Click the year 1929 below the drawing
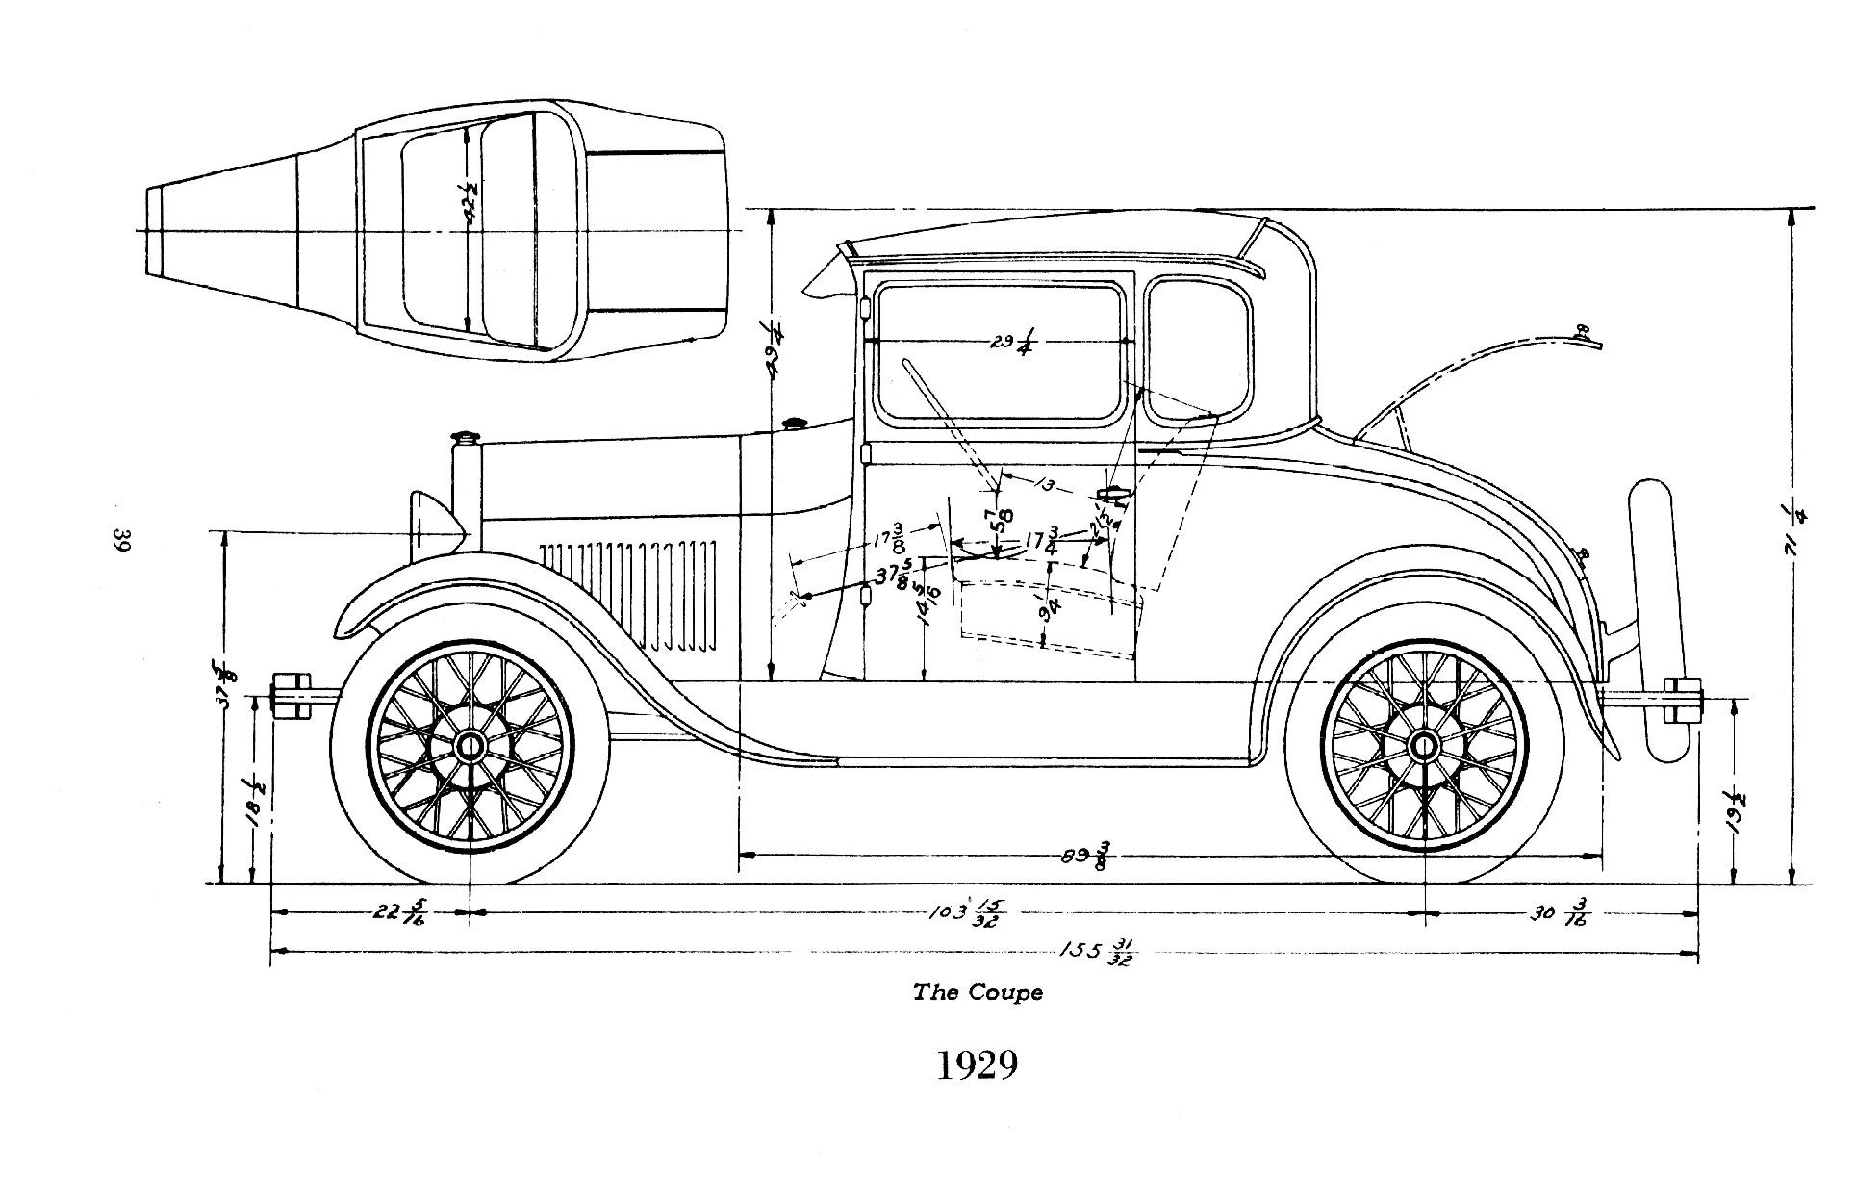pyautogui.click(x=977, y=1065)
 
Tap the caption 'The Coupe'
pyautogui.click(x=977, y=992)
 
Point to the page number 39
pyautogui.click(x=123, y=540)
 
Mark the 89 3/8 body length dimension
pyautogui.click(x=1085, y=854)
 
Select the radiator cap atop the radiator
pyautogui.click(x=466, y=439)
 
